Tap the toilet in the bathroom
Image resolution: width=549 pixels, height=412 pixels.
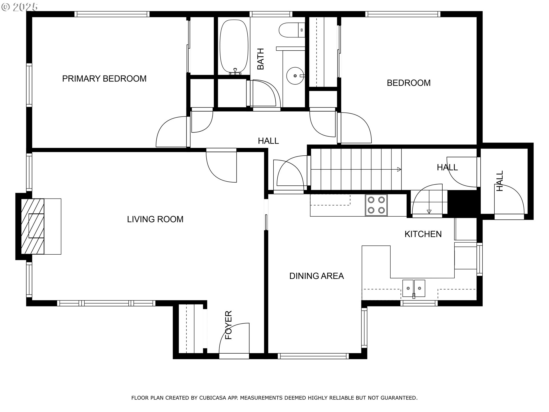pyautogui.click(x=292, y=30)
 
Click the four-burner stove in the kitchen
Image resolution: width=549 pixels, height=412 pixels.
pyautogui.click(x=376, y=205)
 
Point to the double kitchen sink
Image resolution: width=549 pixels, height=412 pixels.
pyautogui.click(x=414, y=289)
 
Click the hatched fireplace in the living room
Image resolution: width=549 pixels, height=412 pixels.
pyautogui.click(x=33, y=226)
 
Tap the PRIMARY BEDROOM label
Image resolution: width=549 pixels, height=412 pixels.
pyautogui.click(x=104, y=79)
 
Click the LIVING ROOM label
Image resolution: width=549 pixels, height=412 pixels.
pyautogui.click(x=155, y=219)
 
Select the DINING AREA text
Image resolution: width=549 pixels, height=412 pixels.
pyautogui.click(x=317, y=276)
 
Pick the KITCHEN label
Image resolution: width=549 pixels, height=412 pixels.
pyautogui.click(x=423, y=234)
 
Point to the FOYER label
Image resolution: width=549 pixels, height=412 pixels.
pyautogui.click(x=228, y=325)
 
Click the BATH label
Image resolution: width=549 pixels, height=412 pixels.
pyautogui.click(x=260, y=59)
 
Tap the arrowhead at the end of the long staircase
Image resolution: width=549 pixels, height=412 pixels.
pyautogui.click(x=399, y=169)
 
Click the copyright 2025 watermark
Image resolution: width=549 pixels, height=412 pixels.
pyautogui.click(x=19, y=7)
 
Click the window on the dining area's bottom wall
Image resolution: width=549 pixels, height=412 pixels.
pyautogui.click(x=313, y=356)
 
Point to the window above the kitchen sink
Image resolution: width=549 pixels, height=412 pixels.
pyautogui.click(x=419, y=303)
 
